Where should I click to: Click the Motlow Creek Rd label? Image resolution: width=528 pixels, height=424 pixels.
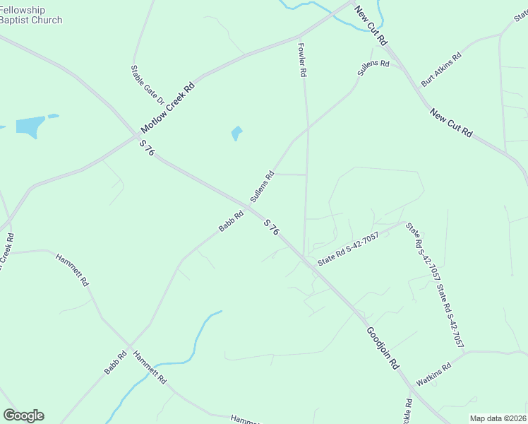click(168, 110)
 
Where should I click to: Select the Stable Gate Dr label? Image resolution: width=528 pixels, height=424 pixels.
click(147, 86)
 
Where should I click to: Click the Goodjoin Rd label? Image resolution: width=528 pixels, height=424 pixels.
click(383, 348)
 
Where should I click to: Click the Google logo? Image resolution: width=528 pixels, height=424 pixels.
click(23, 416)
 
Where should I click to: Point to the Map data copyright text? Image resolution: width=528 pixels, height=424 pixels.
click(498, 418)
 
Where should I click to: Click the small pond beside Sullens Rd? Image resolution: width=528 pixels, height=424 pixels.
click(236, 133)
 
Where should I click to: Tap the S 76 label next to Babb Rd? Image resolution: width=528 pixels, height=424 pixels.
click(272, 228)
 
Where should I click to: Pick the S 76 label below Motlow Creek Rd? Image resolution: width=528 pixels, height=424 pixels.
click(147, 148)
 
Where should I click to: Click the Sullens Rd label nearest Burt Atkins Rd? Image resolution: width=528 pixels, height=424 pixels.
click(373, 69)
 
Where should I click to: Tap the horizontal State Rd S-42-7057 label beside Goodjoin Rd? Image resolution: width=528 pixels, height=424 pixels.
click(348, 249)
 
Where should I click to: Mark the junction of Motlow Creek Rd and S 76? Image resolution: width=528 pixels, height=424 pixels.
click(136, 136)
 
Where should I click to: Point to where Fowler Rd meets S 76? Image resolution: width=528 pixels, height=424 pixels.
click(304, 256)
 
